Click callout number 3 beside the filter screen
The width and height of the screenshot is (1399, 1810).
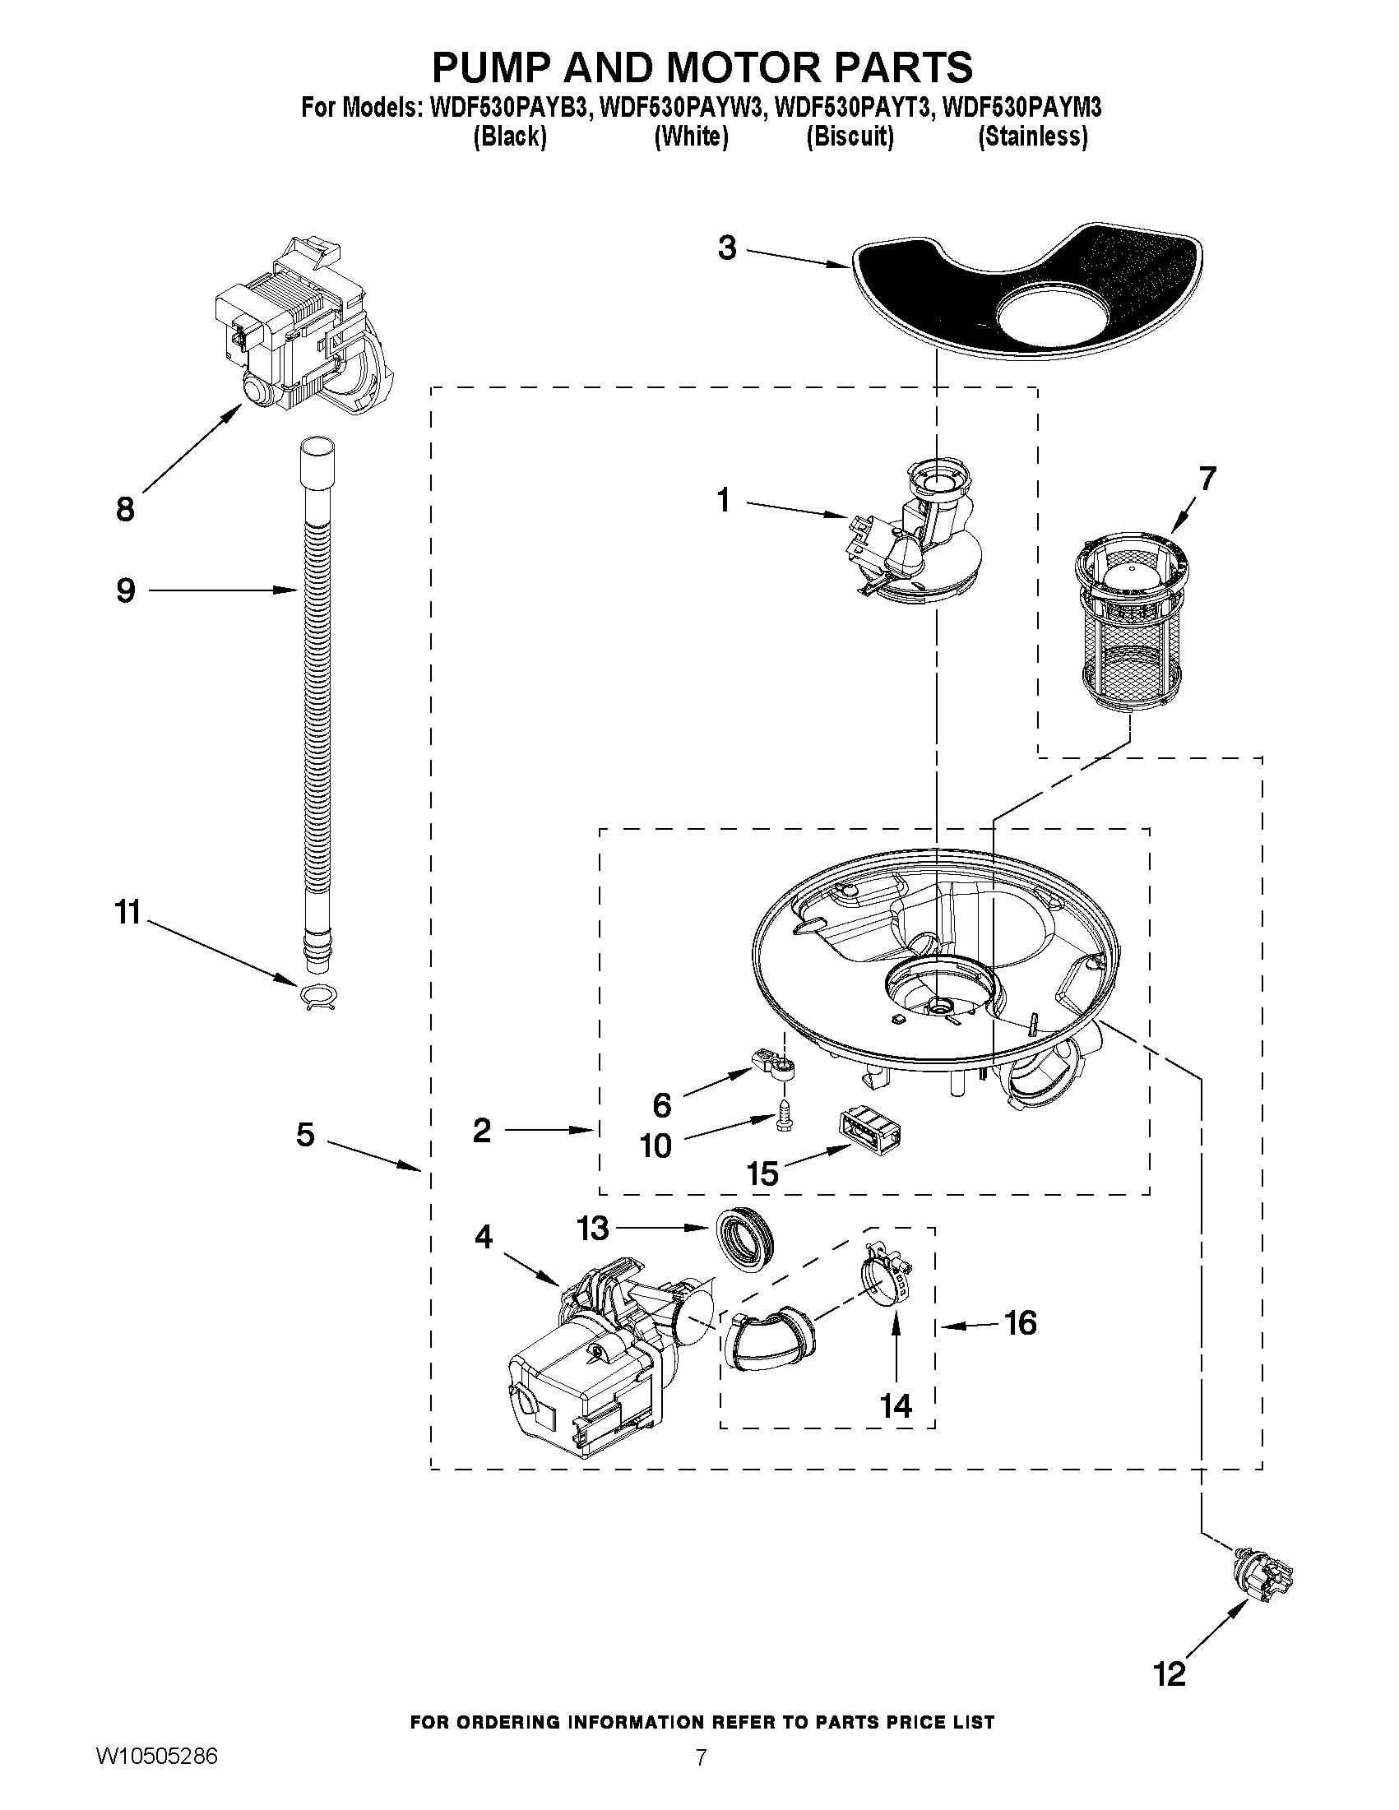pyautogui.click(x=727, y=248)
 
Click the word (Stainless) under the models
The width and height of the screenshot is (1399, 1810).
pyautogui.click(x=1033, y=137)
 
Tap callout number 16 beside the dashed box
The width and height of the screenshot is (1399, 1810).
pyautogui.click(x=1019, y=1322)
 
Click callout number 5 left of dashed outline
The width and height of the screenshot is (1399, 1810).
pyautogui.click(x=305, y=1135)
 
